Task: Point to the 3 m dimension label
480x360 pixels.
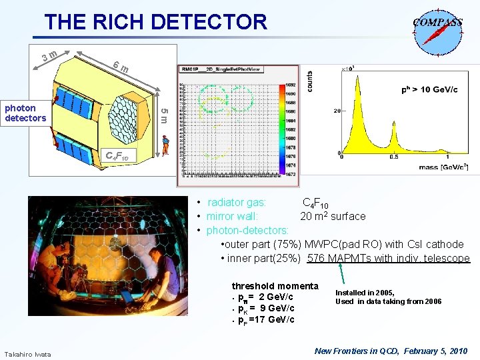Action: tap(49, 55)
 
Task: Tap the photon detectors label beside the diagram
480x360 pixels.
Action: tap(25, 113)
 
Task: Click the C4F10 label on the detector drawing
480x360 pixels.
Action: tap(121, 157)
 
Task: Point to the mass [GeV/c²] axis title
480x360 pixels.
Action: tap(441, 167)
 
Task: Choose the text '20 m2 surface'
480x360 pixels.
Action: tap(333, 216)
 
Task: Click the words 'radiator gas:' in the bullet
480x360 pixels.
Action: tap(237, 203)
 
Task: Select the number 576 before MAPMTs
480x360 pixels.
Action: tap(317, 259)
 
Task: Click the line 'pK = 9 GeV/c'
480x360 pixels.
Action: tap(267, 308)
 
